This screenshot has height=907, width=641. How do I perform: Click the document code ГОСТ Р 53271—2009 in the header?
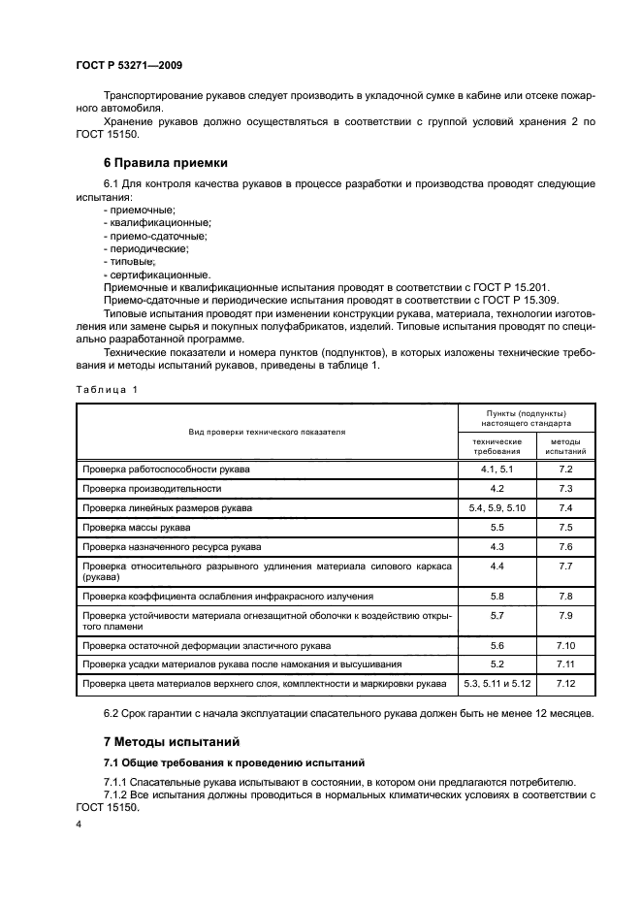click(x=129, y=66)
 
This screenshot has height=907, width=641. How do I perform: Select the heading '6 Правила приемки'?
click(x=165, y=162)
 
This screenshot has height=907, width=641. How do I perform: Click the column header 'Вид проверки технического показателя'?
click(x=267, y=431)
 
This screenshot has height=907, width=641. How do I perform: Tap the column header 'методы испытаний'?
click(x=565, y=446)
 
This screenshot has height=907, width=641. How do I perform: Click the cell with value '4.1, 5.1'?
click(x=497, y=469)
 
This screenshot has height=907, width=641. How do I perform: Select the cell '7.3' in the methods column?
click(x=566, y=488)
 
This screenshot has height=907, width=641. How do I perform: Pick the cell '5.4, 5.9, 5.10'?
click(x=497, y=507)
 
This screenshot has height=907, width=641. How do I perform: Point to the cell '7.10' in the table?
click(x=566, y=645)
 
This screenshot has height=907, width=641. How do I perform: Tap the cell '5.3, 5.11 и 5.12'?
click(x=497, y=684)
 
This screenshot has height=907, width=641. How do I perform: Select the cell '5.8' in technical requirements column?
click(x=497, y=596)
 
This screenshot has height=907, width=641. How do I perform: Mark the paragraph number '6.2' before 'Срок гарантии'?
click(x=112, y=714)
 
